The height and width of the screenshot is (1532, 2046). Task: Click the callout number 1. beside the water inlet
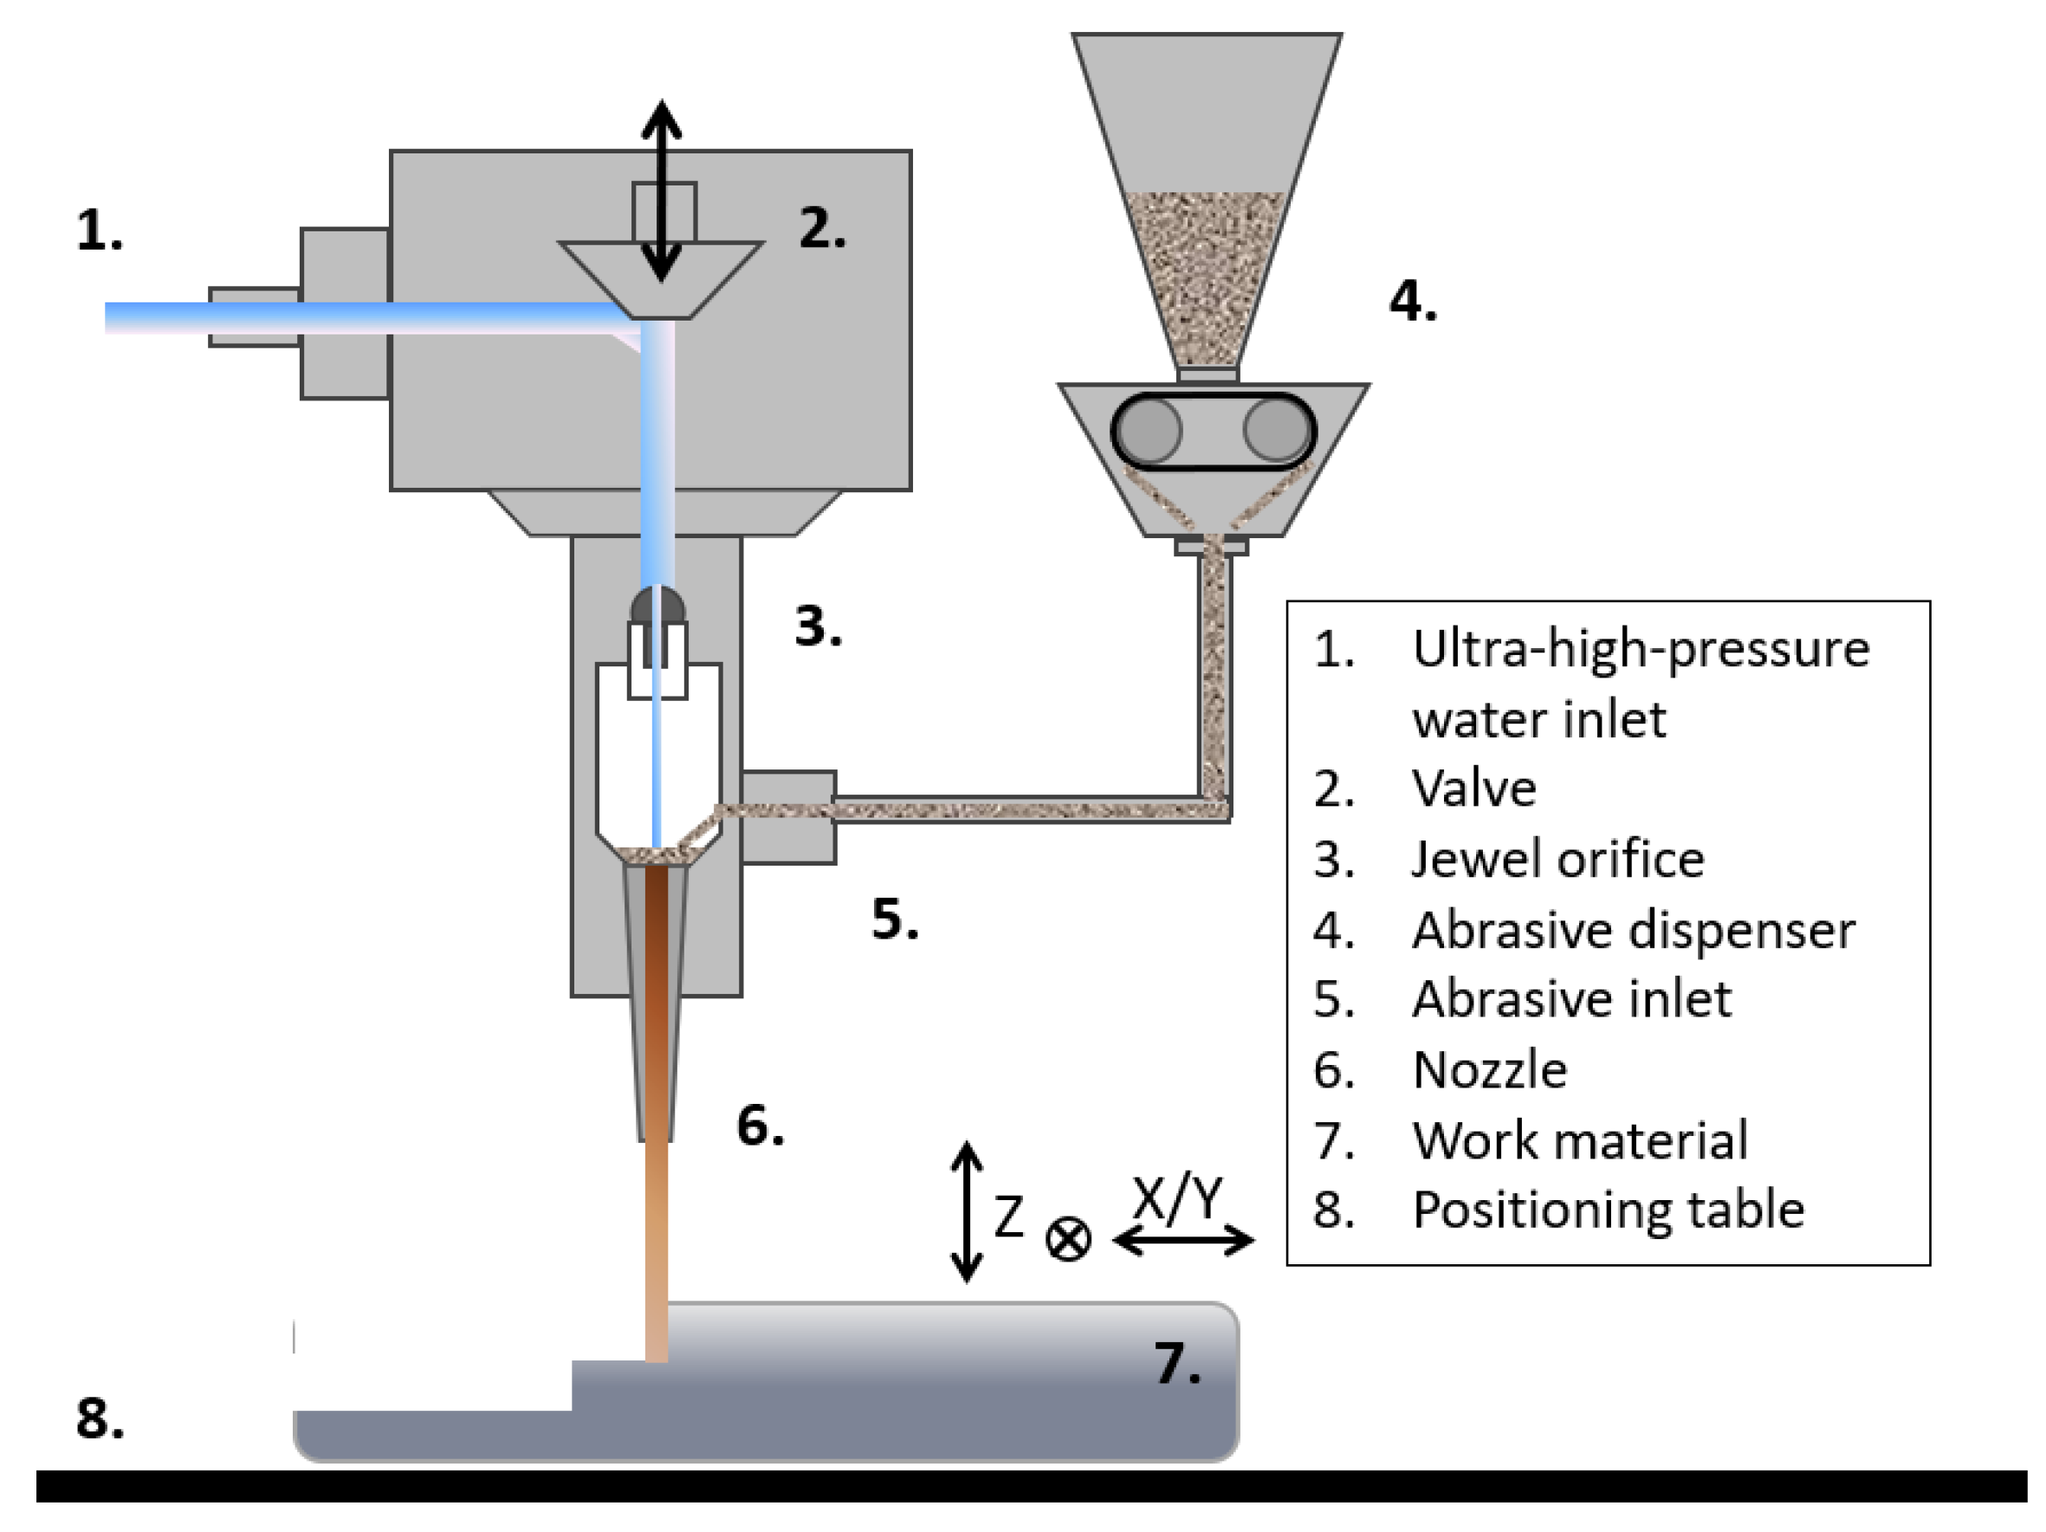pyautogui.click(x=99, y=230)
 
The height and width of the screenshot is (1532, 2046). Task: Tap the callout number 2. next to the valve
pyautogui.click(x=821, y=228)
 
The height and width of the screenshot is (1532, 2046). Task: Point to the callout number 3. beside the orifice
pyautogui.click(x=818, y=626)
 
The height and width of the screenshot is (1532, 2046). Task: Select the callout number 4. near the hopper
pyautogui.click(x=1413, y=302)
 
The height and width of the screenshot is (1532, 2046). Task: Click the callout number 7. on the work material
pyautogui.click(x=1176, y=1363)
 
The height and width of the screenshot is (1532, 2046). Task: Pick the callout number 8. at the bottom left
pyautogui.click(x=100, y=1418)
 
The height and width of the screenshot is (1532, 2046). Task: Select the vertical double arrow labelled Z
pyautogui.click(x=967, y=1212)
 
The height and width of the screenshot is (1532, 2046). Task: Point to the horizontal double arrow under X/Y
pyautogui.click(x=1183, y=1240)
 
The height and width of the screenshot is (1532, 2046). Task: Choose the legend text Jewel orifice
pyautogui.click(x=1557, y=860)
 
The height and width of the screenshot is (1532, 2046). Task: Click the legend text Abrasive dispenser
pyautogui.click(x=1633, y=930)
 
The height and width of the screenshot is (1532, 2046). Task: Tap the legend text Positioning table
pyautogui.click(x=1608, y=1209)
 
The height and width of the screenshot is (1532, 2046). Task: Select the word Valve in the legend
pyautogui.click(x=1473, y=789)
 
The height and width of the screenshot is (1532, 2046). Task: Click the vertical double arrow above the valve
pyautogui.click(x=661, y=190)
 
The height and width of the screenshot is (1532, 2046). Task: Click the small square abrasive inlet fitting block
pyautogui.click(x=788, y=817)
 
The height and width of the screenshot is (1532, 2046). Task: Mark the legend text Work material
pyautogui.click(x=1580, y=1139)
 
